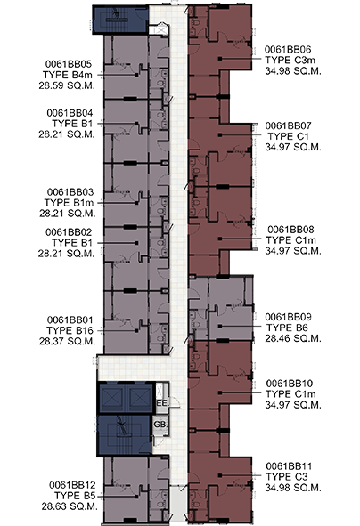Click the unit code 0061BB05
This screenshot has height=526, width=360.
tap(69, 64)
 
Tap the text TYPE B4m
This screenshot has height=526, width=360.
tap(67, 75)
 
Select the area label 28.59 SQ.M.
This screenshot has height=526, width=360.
tap(67, 85)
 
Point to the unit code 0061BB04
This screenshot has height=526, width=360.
tap(70, 113)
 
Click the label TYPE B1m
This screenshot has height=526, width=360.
tap(69, 203)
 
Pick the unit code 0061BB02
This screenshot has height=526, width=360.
tap(69, 232)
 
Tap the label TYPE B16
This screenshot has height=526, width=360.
tap(70, 330)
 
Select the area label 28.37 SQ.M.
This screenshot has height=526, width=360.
tap(67, 341)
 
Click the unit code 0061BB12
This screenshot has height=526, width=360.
tap(72, 485)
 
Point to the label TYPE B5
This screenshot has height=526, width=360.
tap(75, 496)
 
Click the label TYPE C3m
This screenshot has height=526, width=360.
tap(290, 60)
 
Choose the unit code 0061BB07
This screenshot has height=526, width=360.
tap(288, 125)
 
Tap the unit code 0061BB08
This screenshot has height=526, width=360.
tap(290, 230)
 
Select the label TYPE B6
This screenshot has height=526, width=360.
tap(287, 328)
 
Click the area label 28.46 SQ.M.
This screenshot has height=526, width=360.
tap(293, 338)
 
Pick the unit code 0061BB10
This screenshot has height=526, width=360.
tap(290, 383)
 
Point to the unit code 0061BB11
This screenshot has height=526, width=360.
tap(289, 466)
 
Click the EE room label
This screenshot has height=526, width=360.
tap(161, 403)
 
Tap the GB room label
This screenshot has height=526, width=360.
tap(160, 425)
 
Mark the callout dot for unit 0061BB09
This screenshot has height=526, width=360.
tap(219, 326)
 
